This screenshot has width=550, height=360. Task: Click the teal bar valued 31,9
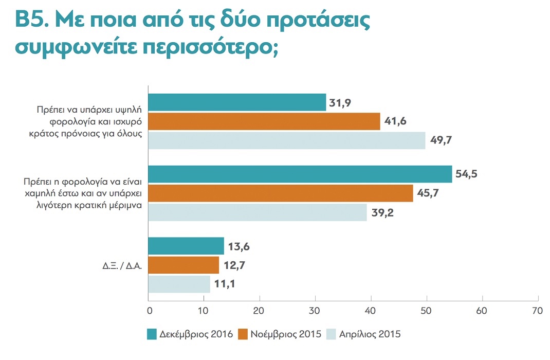[x=237, y=102]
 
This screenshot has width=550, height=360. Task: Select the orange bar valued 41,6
[x=264, y=121]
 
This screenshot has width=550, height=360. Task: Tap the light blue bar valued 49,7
[x=287, y=140]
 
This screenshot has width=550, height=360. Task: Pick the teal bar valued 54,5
[x=300, y=174]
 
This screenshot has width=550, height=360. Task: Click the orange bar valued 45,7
[x=281, y=193]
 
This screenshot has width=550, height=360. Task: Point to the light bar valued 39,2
[x=258, y=212]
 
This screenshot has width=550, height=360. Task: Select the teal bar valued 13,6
[x=186, y=246]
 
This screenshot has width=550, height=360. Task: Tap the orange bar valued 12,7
[x=184, y=265]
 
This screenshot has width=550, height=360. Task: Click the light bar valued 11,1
[x=179, y=284]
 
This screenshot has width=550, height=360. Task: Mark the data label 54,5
[x=467, y=174]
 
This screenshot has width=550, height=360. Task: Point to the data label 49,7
[x=441, y=140]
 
